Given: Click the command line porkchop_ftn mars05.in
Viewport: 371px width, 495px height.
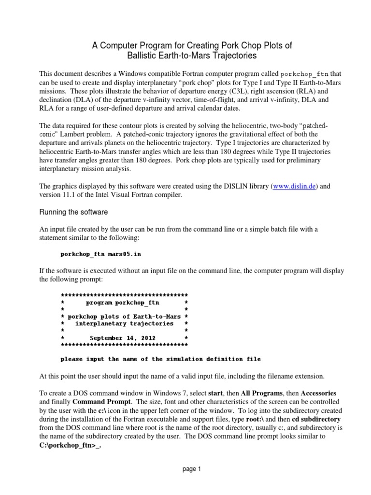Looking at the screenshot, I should coord(100,253).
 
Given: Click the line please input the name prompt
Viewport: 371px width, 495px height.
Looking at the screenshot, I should coord(160,359).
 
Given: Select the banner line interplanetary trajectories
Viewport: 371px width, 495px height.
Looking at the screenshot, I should coord(124,323).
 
